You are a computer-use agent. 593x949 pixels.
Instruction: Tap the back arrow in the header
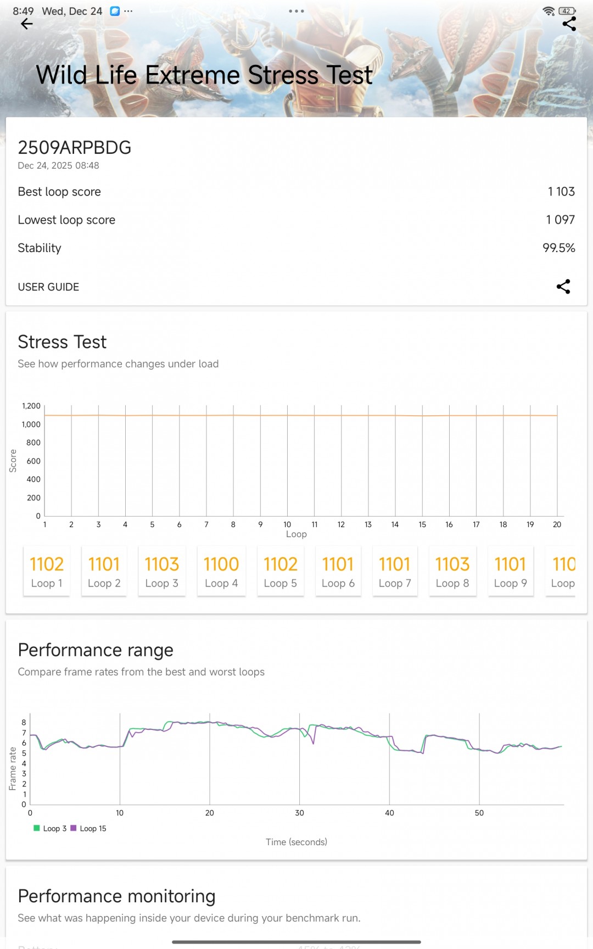point(26,24)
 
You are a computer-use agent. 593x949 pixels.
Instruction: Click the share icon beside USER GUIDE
point(563,287)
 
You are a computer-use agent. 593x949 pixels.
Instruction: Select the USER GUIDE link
point(48,287)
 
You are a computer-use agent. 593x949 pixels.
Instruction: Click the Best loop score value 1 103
point(561,192)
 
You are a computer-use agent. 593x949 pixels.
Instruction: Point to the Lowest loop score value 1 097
point(560,220)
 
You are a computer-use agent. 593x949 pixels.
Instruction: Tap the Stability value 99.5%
point(558,248)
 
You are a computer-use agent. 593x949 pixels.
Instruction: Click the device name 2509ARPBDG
point(75,148)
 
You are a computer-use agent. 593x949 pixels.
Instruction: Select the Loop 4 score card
point(221,571)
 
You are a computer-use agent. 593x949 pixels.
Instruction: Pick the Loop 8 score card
point(452,571)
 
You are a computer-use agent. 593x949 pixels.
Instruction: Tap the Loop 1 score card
point(47,571)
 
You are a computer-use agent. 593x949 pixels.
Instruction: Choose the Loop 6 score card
point(338,571)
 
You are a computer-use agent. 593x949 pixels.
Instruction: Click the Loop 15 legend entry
point(88,828)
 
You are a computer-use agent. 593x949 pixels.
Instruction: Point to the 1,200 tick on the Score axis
point(31,406)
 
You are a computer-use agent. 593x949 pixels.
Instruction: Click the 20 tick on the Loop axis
point(557,524)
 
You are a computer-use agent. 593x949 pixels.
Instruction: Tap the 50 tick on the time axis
point(479,813)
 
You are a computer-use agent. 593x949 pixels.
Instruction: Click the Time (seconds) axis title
point(296,842)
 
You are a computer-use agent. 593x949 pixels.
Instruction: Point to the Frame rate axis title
point(13,768)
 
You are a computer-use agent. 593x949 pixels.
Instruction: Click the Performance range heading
point(96,650)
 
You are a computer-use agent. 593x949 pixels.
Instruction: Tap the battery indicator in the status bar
point(567,11)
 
